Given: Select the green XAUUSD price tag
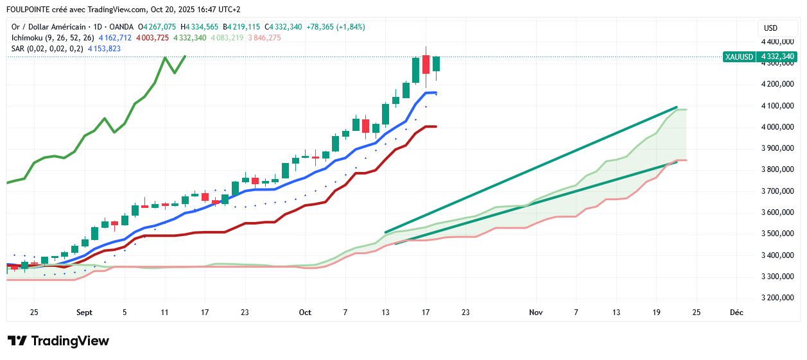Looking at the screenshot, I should pos(739,56).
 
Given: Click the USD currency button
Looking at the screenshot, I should pos(770,28).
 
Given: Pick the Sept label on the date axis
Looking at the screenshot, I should pos(84,313).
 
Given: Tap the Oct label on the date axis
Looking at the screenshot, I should pos(305,313).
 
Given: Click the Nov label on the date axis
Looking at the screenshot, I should pos(536,313).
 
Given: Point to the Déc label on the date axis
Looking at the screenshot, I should pos(736,313).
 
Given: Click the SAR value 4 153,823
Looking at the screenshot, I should pos(104,49).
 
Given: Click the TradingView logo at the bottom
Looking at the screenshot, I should pos(58,341).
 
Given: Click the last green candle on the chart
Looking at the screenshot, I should pos(436,64).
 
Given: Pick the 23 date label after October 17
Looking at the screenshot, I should pos(465,313).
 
